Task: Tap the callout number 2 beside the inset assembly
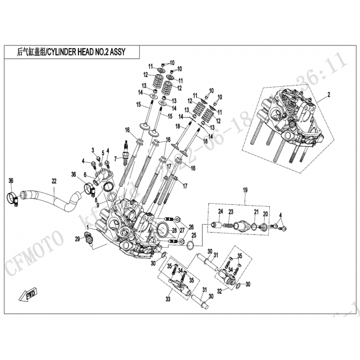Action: [x=328, y=94]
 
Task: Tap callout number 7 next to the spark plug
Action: [x=115, y=158]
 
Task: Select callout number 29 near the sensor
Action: [x=76, y=238]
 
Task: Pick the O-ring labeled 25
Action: [x=190, y=245]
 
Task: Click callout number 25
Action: [x=194, y=235]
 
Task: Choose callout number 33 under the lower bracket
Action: [x=169, y=297]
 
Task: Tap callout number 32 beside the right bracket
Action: [x=219, y=291]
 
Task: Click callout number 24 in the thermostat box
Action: [x=220, y=211]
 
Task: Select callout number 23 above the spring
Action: [x=230, y=211]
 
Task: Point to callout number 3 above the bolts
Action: [x=93, y=150]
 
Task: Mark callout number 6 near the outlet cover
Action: [x=84, y=175]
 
